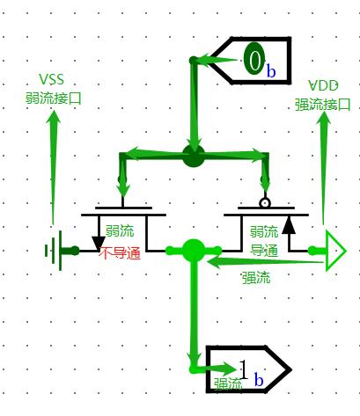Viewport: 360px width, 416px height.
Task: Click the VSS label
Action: [x=51, y=79]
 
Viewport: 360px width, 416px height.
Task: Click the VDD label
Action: [x=323, y=85]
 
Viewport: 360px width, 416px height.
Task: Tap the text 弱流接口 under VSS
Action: [x=53, y=99]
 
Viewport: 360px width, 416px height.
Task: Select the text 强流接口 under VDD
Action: [x=322, y=105]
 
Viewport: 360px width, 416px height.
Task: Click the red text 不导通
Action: [x=120, y=253]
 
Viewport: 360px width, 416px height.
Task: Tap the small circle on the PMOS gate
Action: [x=265, y=203]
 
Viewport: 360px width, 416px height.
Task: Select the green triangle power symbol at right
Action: [x=335, y=251]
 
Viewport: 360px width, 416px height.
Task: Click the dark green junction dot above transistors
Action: [x=193, y=156]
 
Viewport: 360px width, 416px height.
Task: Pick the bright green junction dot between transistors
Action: [x=193, y=251]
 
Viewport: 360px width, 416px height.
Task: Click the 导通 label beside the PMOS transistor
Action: [x=264, y=251]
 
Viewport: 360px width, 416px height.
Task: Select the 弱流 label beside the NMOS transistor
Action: [x=120, y=231]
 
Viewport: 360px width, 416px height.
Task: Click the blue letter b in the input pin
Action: [x=271, y=70]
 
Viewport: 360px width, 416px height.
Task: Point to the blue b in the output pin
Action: [x=259, y=380]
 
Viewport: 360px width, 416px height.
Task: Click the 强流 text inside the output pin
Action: [x=228, y=384]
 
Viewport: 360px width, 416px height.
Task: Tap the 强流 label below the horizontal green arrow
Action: [x=256, y=277]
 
